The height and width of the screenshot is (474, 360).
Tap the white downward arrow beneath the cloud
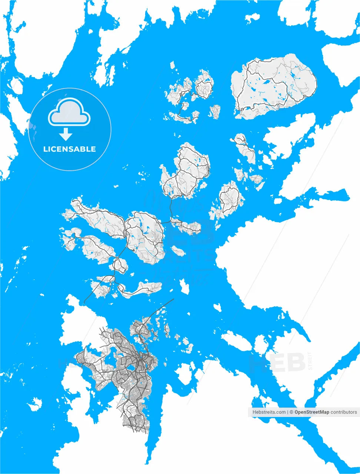pos(66,134)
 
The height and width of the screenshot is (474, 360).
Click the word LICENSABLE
pos(70,149)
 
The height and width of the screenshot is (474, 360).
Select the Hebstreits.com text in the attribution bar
pos(269,412)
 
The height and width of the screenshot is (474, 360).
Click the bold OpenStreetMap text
pos(311,412)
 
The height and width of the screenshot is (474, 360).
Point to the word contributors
pos(344,412)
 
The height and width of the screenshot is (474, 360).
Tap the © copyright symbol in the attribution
pos(291,412)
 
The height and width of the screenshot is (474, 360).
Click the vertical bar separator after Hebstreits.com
pos(287,412)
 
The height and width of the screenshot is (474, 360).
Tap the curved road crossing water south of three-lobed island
pos(171,207)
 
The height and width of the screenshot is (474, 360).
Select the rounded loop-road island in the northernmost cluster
pos(204,87)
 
